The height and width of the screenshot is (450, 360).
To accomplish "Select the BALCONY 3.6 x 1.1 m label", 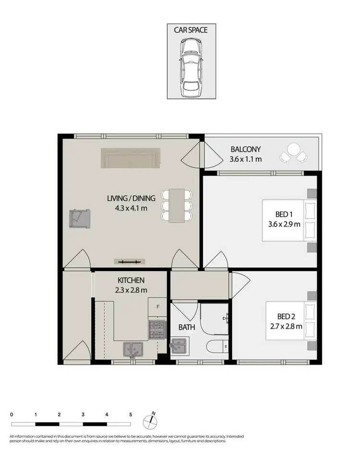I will click(246, 154).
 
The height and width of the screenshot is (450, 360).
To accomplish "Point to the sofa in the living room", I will click(131, 158).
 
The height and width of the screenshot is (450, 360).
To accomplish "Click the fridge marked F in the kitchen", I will click(156, 306).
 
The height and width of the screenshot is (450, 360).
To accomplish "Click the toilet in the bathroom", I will click(214, 347).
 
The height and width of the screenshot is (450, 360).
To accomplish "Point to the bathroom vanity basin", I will click(179, 344).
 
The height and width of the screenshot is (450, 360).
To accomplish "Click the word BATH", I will click(186, 328).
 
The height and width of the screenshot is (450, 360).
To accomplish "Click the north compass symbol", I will click(151, 421).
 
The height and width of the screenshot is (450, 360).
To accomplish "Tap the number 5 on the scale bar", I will click(130, 414).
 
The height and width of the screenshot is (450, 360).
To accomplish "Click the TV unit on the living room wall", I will click(130, 261).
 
